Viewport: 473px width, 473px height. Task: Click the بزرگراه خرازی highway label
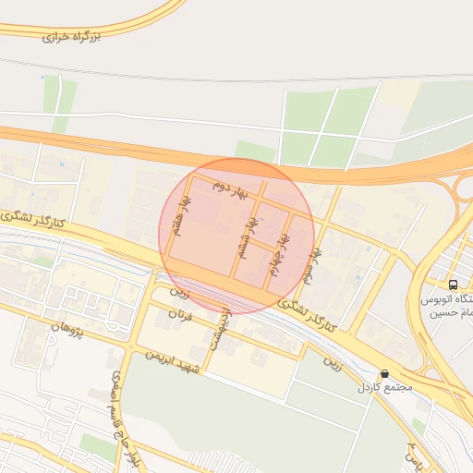84,36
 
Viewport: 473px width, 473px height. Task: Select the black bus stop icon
453,285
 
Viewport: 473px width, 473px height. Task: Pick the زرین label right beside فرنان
178,293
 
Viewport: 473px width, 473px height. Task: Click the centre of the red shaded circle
236,236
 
